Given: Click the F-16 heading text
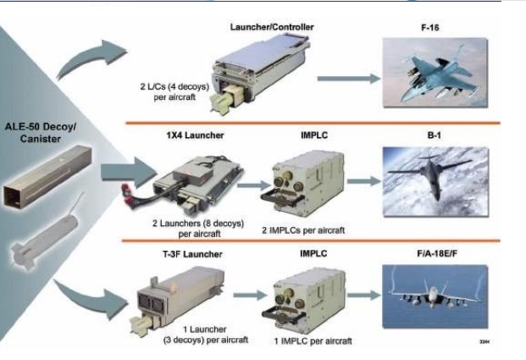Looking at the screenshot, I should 433,27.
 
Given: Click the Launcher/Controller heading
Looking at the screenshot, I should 272,27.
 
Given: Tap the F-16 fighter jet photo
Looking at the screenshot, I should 434,77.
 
